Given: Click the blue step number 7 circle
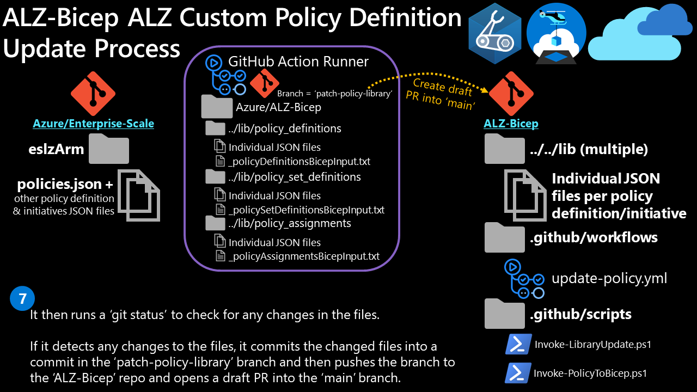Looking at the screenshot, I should click(22, 298).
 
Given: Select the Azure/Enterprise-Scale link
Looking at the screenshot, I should click(93, 124).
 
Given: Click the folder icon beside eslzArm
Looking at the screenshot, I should click(109, 150).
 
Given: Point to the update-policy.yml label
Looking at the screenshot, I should click(609, 279).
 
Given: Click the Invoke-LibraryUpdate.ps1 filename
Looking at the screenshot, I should click(593, 344).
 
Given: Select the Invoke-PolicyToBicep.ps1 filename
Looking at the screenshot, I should click(590, 373).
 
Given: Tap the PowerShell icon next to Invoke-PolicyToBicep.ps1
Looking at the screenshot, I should click(518, 373).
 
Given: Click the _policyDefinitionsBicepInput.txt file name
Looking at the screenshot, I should click(299, 161).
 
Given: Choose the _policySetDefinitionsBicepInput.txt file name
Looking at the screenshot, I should click(307, 210).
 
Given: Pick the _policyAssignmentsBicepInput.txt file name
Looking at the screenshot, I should click(304, 256).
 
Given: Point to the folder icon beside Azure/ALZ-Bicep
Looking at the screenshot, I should click(217, 107).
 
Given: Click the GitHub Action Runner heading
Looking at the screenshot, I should click(298, 62).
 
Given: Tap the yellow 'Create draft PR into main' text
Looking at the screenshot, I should click(440, 94).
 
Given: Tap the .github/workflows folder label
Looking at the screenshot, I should click(594, 237).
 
